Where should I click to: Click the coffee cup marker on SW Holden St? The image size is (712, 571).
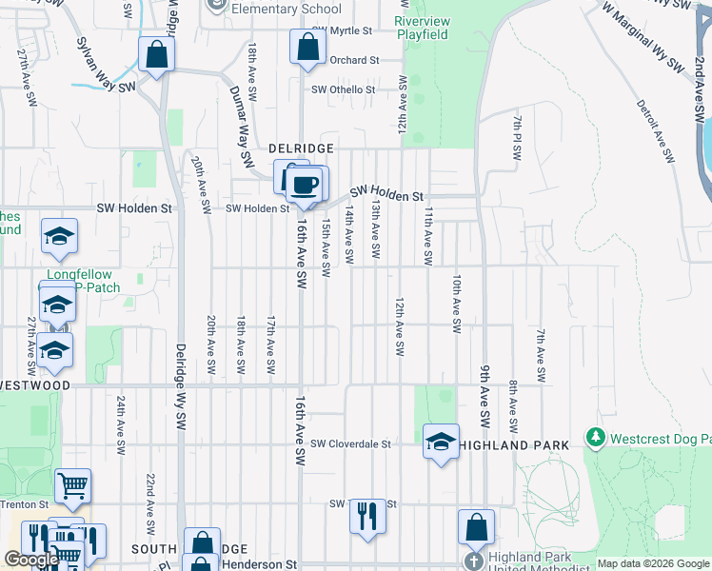click(x=306, y=186)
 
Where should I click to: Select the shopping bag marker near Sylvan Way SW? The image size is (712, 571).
click(x=156, y=54)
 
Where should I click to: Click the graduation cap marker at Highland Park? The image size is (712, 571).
click(x=441, y=443)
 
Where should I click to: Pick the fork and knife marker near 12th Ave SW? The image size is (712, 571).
click(x=366, y=517)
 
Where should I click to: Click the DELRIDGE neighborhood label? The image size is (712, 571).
click(x=301, y=148)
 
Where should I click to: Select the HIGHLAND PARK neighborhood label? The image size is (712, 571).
click(x=515, y=445)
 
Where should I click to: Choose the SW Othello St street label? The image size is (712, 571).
click(x=344, y=90)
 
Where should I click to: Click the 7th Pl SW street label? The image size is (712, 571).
click(x=517, y=138)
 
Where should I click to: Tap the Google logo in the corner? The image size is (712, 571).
click(x=31, y=560)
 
